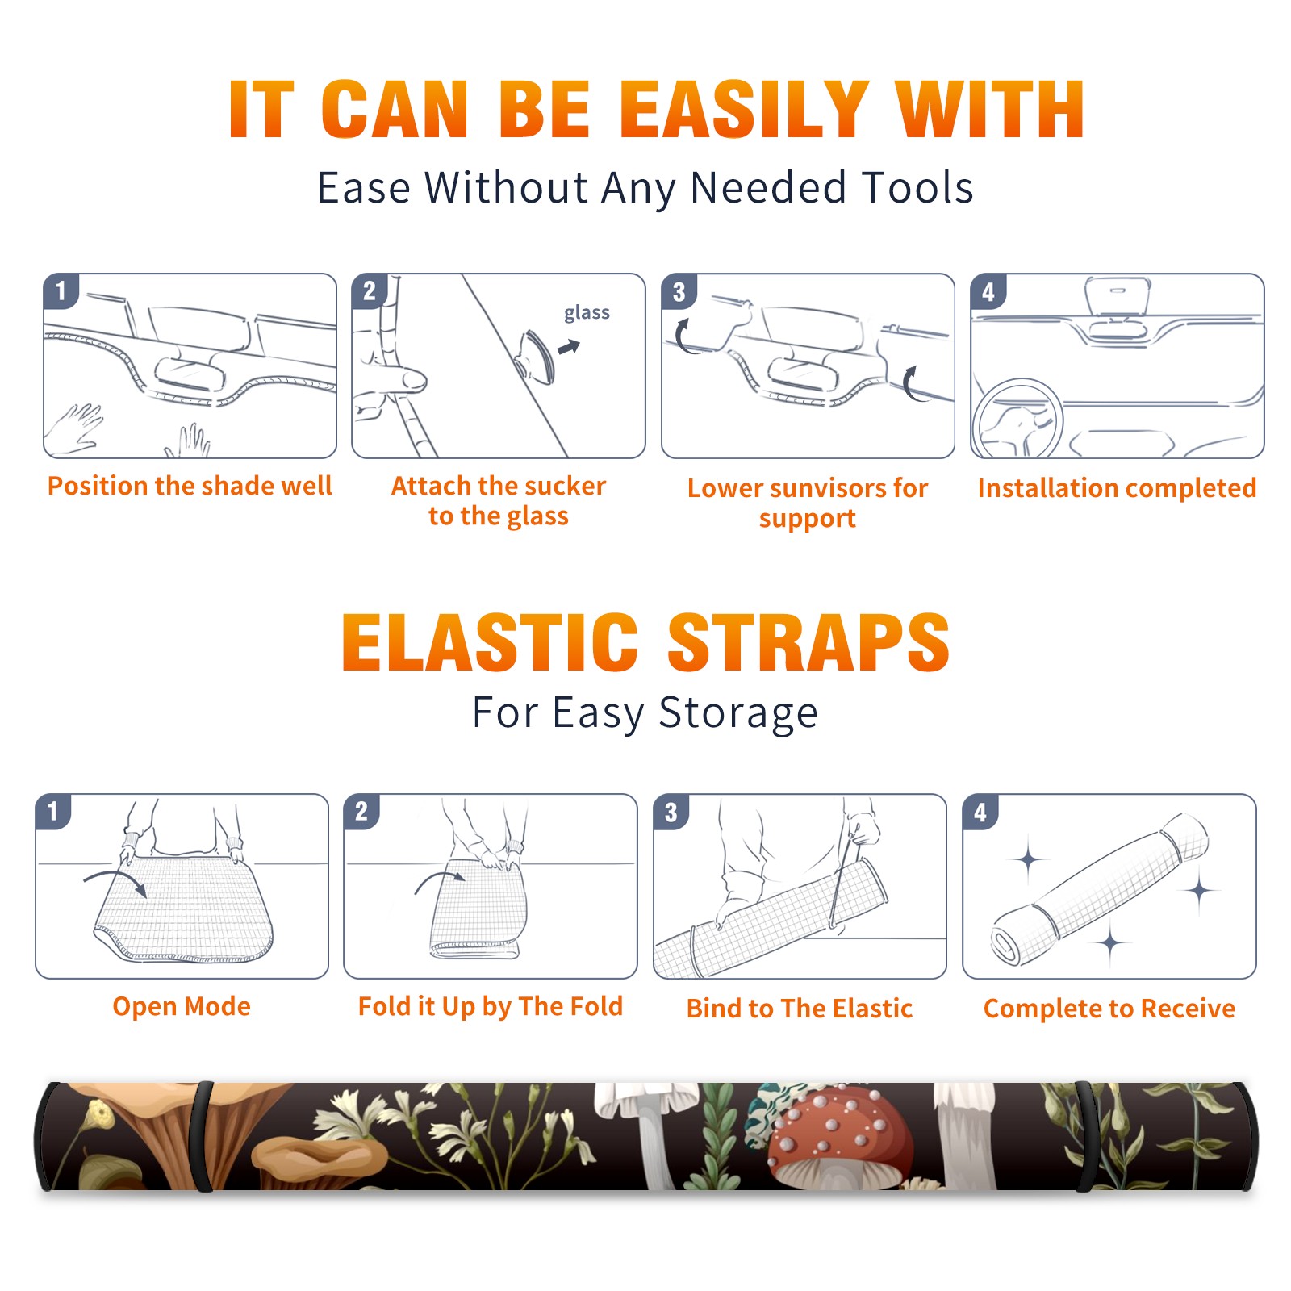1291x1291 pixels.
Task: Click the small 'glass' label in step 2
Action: point(587,312)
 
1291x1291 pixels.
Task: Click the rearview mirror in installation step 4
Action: point(1117,297)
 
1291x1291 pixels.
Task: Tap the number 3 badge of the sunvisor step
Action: point(679,291)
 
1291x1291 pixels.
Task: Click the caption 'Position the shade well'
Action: point(190,486)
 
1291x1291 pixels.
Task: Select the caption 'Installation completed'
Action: point(1117,487)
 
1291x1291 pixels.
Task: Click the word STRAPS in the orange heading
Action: point(808,642)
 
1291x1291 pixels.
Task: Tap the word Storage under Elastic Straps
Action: point(738,713)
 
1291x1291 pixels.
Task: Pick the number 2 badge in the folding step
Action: point(361,811)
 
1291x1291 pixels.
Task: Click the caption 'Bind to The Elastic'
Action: point(799,1008)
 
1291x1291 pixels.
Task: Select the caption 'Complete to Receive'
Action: point(1109,1008)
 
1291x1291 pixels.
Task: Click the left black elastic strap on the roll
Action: point(203,1136)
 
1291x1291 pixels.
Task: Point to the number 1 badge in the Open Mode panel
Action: point(52,811)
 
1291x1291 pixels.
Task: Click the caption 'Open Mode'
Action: point(182,1006)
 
